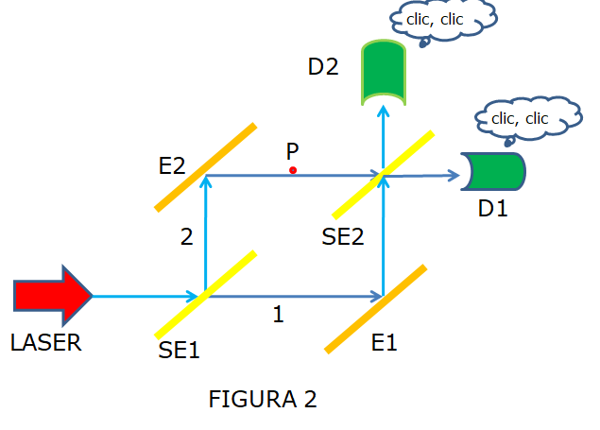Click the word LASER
pyautogui.click(x=46, y=343)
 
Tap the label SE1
pyautogui.click(x=180, y=350)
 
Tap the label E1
pyautogui.click(x=384, y=342)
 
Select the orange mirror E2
pyautogui.click(x=205, y=167)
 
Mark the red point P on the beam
pyautogui.click(x=293, y=170)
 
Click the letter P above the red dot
pyautogui.click(x=293, y=151)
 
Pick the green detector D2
pyautogui.click(x=383, y=72)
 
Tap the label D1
pyautogui.click(x=492, y=208)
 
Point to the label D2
pyautogui.click(x=324, y=67)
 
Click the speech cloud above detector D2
pyautogui.click(x=442, y=21)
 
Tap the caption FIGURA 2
pyautogui.click(x=263, y=399)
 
